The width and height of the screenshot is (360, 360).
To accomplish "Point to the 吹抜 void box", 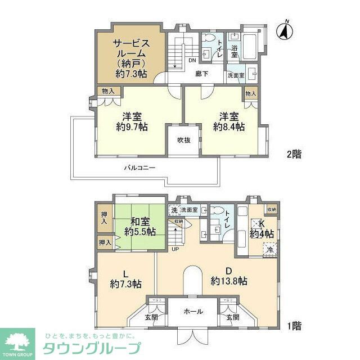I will (x=184, y=139).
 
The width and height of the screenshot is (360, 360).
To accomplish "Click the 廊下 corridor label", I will (x=202, y=73).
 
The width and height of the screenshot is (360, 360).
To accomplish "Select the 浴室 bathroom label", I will (x=235, y=49).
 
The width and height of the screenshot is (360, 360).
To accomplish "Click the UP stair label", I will (x=175, y=249).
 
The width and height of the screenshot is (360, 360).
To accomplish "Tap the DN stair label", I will (x=192, y=61).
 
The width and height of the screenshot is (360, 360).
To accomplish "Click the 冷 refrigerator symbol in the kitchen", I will (x=271, y=249).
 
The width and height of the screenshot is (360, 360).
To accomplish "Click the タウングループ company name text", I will (x=92, y=346).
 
